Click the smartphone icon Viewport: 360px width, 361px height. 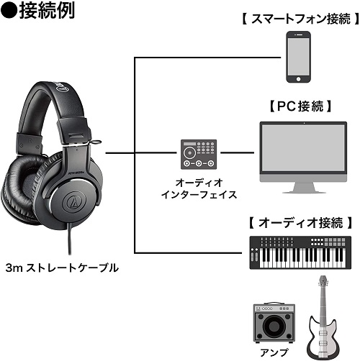[298, 57]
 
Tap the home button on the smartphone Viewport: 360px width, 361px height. [298, 78]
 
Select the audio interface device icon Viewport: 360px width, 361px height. [199, 155]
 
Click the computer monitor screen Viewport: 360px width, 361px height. [303, 148]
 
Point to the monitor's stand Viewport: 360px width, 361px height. [303, 188]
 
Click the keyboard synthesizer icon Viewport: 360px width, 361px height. [300, 252]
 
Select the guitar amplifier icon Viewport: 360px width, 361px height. [274, 322]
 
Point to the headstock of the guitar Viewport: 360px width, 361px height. [323, 282]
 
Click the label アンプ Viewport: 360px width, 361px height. [274, 352]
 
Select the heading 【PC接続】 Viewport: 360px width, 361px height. [300, 106]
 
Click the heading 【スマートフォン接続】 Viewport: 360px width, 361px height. [300, 19]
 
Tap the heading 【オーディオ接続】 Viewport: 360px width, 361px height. [300, 223]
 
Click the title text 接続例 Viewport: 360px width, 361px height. [47, 10]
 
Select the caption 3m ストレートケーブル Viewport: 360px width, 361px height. [62, 268]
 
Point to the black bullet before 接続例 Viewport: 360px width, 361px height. [9, 11]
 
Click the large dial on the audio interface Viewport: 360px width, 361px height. [189, 152]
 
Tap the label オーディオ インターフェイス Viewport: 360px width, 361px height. [199, 189]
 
